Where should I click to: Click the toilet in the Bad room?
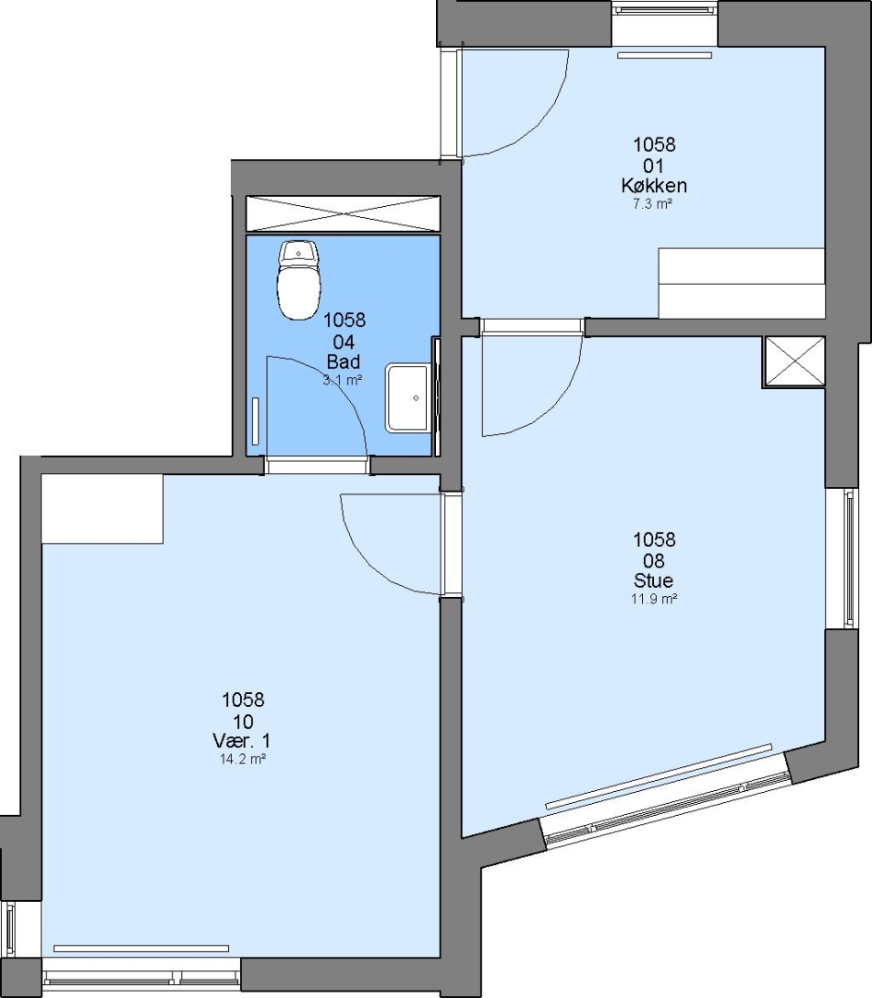(298, 280)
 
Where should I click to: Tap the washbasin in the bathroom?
(407, 398)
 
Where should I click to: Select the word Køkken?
(654, 186)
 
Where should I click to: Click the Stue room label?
(653, 580)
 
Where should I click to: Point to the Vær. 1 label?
(242, 741)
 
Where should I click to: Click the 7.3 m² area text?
(652, 204)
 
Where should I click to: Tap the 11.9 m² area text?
(653, 599)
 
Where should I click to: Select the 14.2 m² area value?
(242, 760)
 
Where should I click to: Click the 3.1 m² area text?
(343, 381)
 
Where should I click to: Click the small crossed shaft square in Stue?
(793, 361)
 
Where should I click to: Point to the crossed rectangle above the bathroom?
(343, 214)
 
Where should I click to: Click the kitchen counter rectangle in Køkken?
(742, 284)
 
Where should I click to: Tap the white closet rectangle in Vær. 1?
(103, 509)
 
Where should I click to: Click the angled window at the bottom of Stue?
(666, 797)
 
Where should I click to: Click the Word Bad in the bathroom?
(344, 362)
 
